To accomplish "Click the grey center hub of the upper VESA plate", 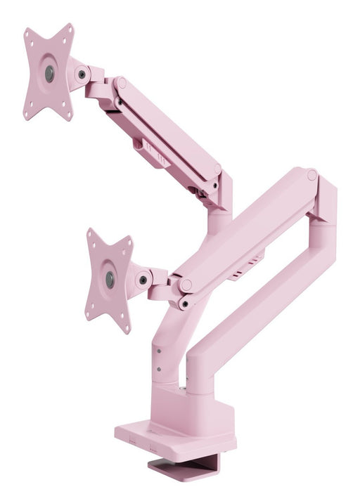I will click(x=49, y=73).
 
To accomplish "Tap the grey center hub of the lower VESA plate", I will click(x=110, y=279).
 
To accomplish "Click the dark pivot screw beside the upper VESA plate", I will click(x=82, y=74).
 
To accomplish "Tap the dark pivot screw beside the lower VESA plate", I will click(x=143, y=280).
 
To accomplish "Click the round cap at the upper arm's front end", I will click(x=121, y=82).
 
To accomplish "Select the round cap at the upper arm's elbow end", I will click(x=217, y=169).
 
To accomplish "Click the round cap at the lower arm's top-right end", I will click(x=311, y=175).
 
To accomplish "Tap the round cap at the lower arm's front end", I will click(x=186, y=285).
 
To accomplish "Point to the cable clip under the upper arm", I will click(x=149, y=151).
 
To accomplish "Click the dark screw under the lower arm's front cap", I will click(x=184, y=304).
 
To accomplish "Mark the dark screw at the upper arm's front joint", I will click(x=118, y=101).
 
